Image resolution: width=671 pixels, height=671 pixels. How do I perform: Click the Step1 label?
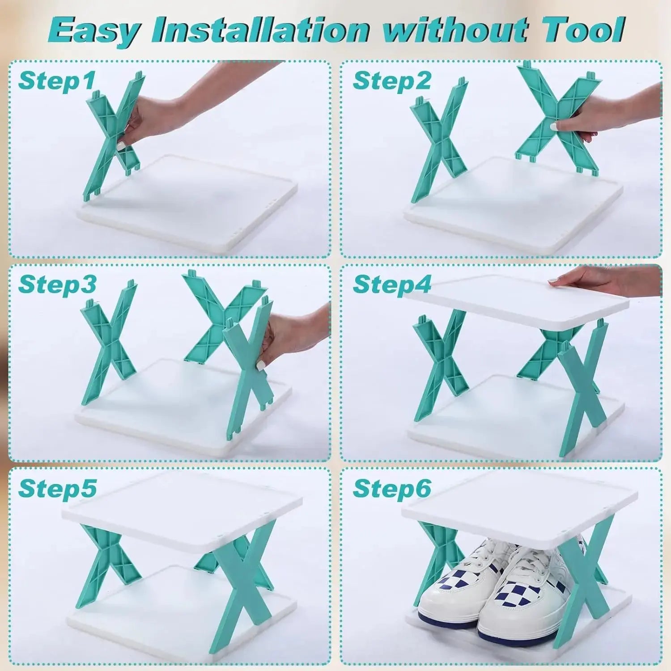pos(57,81)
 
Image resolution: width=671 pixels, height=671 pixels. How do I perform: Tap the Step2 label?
pos(392,81)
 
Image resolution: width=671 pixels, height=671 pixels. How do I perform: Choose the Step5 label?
pos(57,488)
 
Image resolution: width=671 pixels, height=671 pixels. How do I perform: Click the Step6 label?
pos(392,488)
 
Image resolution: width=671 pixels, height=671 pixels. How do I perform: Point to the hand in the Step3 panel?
pos(291,335)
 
